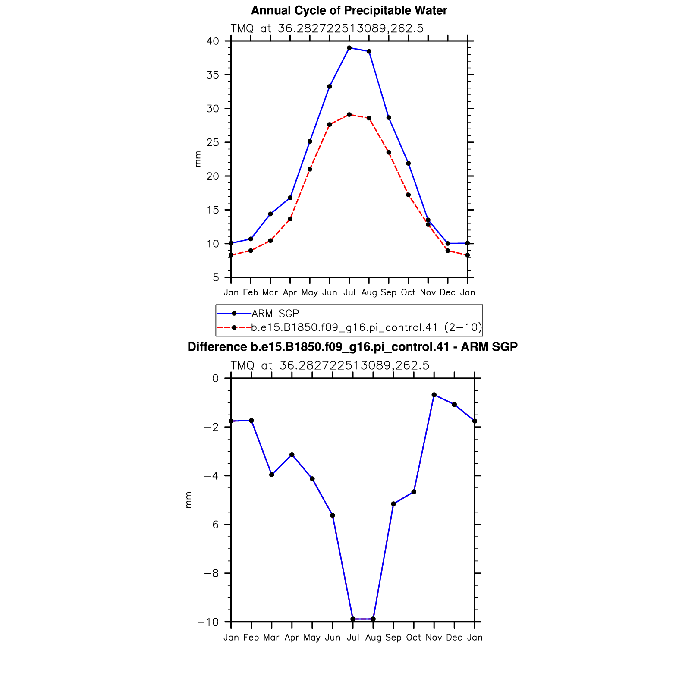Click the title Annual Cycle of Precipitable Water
[349, 10]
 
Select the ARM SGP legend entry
[275, 314]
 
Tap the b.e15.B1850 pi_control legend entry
[366, 327]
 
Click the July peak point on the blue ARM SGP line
[349, 48]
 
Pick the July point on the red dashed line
[349, 115]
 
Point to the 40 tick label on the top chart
[213, 41]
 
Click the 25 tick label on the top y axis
[213, 142]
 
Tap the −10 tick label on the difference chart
[207, 622]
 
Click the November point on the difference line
[434, 395]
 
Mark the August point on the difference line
[373, 619]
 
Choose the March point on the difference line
[271, 475]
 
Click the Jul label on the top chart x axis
[349, 292]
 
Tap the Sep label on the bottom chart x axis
[393, 638]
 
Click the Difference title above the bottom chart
[352, 347]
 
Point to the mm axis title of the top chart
[198, 159]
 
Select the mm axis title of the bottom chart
[188, 500]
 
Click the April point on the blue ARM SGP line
[290, 198]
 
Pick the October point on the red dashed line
[408, 195]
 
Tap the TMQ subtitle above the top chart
[327, 28]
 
